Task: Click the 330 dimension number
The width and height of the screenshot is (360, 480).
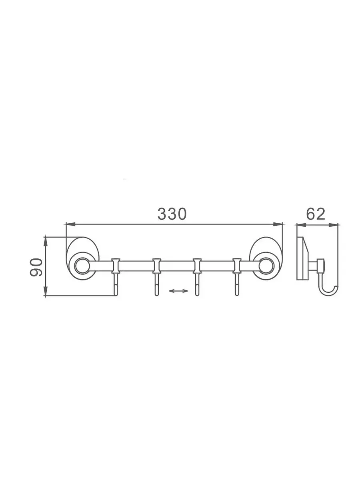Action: tap(172, 214)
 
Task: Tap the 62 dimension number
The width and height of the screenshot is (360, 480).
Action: tap(316, 214)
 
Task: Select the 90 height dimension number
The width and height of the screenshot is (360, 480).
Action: tap(36, 267)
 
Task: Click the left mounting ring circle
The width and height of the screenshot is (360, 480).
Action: tap(82, 266)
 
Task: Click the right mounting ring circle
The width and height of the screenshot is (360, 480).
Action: tap(266, 266)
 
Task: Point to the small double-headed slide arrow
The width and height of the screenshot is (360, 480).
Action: tap(178, 291)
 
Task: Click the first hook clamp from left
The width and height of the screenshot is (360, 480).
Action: tap(116, 266)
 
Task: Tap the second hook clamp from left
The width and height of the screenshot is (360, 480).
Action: tap(156, 266)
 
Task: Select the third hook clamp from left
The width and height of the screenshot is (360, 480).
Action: tap(197, 266)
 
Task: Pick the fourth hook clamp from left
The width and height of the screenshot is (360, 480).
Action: tap(237, 266)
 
